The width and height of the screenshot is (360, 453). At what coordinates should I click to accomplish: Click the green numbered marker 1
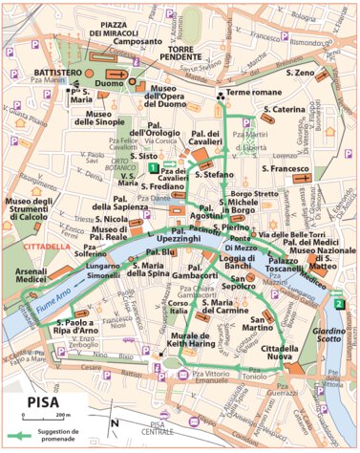153,168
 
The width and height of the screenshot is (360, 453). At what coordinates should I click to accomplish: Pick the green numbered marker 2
339,304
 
